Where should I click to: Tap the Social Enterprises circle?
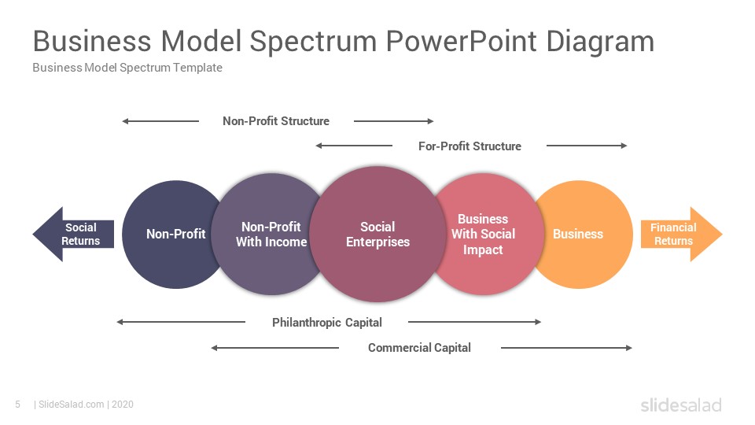(378, 235)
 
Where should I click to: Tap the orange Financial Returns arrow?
(681, 235)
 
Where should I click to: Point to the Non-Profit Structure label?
(276, 121)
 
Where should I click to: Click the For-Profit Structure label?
(470, 146)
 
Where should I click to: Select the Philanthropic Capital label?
(327, 323)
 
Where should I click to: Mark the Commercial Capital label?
(419, 347)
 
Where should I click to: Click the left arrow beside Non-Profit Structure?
(160, 121)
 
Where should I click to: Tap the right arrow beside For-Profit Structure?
(587, 146)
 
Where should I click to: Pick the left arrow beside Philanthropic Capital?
(181, 322)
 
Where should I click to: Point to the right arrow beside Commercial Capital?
(566, 348)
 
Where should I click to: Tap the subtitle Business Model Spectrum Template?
(127, 68)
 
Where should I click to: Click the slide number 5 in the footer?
(18, 405)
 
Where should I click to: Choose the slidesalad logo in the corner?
(681, 405)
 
